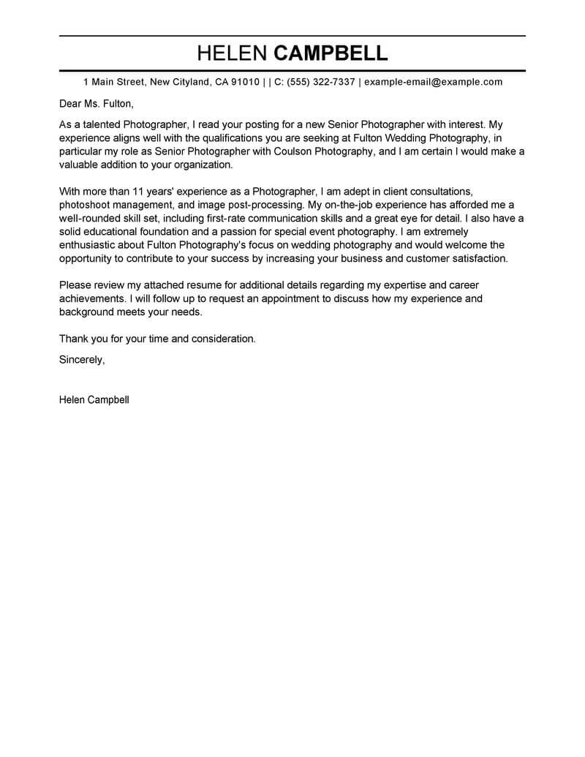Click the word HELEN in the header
pyautogui.click(x=232, y=53)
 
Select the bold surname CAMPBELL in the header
pyautogui.click(x=330, y=53)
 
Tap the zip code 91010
pyautogui.click(x=245, y=82)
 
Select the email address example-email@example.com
pyautogui.click(x=433, y=82)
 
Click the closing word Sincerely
pyautogui.click(x=82, y=359)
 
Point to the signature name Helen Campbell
pyautogui.click(x=94, y=400)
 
